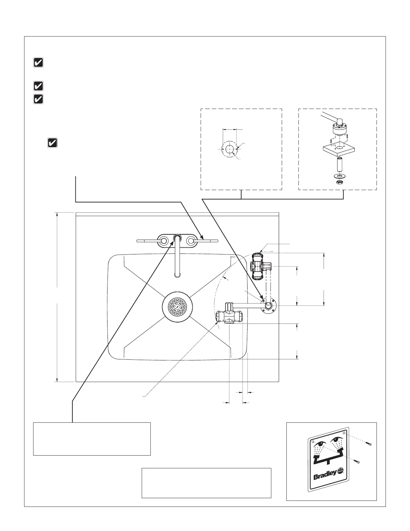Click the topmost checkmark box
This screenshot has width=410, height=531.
coord(39,63)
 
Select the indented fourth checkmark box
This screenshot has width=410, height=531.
coord(52,143)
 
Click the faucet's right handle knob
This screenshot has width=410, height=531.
coord(191,241)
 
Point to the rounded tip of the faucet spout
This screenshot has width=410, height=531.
coord(177,275)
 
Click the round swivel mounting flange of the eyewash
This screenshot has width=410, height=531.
coord(269,305)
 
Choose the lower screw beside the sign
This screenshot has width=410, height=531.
coord(357,462)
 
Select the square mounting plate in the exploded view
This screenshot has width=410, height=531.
coord(339,150)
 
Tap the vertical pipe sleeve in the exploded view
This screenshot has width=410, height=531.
coord(339,165)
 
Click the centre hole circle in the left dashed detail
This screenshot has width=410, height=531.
coord(229,149)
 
